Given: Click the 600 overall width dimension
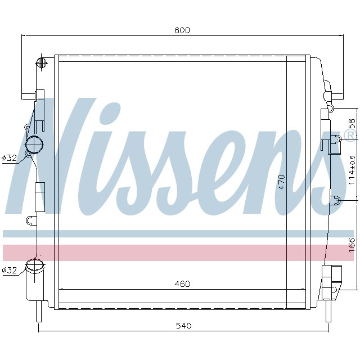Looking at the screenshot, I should click(182, 30).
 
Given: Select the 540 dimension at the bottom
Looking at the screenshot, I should click(184, 326).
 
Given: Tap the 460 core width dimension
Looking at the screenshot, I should click(182, 284).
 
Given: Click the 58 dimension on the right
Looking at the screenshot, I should click(352, 124).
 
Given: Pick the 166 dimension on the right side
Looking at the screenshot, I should click(352, 244).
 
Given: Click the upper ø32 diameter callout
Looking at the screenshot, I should click(10, 158).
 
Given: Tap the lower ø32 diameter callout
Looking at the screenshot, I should click(10, 270).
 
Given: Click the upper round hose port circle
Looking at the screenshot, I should click(35, 145).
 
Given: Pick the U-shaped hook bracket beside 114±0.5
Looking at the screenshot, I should click(335, 201).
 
